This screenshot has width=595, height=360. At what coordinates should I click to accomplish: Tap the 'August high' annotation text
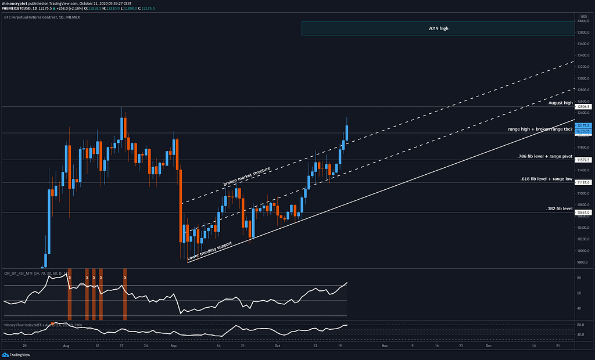[561, 102]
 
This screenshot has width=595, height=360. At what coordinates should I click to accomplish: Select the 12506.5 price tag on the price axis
[583, 107]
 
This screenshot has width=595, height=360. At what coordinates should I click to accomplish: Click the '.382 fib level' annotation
[560, 208]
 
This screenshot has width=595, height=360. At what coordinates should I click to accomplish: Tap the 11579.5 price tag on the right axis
[583, 160]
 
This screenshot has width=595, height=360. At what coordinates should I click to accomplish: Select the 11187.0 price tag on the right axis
[583, 182]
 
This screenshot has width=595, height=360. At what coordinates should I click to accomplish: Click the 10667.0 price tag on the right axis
[583, 213]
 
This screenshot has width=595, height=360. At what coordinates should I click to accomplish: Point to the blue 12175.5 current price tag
[583, 125]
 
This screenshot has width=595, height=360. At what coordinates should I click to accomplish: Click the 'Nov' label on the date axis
[384, 345]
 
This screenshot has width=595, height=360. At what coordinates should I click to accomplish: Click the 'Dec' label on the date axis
[489, 345]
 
